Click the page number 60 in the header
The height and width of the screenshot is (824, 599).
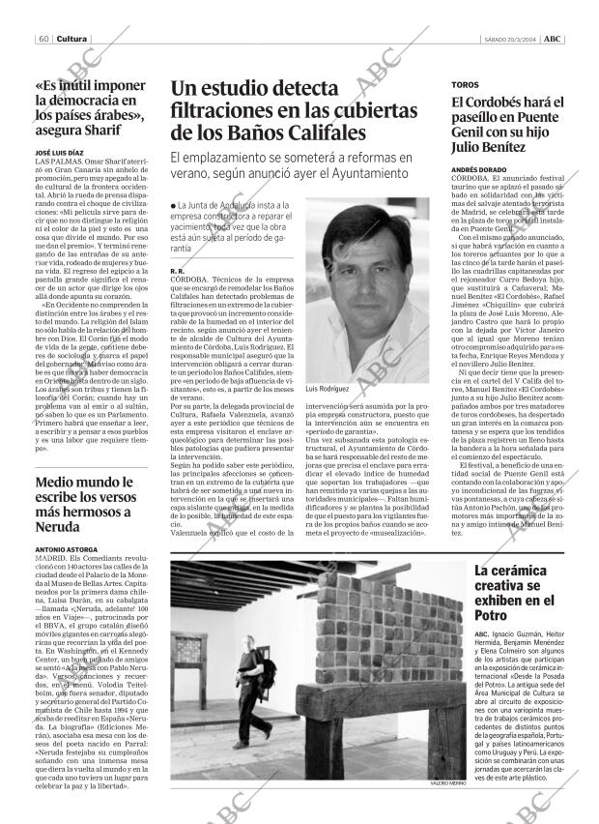pyautogui.click(x=45, y=12)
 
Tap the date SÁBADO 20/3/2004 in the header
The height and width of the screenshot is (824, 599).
pyautogui.click(x=509, y=12)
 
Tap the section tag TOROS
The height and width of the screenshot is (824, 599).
pyautogui.click(x=465, y=85)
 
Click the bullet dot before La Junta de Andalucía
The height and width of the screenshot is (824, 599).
pyautogui.click(x=173, y=205)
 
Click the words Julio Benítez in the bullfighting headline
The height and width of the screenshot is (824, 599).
pyautogui.click(x=490, y=147)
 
